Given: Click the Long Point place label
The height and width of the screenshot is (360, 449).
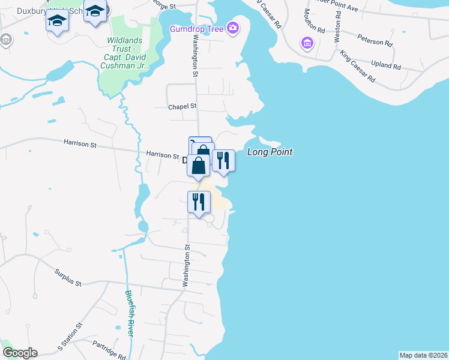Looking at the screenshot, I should [x=270, y=152].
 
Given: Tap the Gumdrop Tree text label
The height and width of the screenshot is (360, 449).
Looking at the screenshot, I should [x=196, y=28].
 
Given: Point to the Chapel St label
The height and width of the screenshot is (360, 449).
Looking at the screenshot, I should [x=182, y=106].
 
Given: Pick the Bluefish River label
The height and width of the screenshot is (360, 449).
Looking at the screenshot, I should [x=130, y=314].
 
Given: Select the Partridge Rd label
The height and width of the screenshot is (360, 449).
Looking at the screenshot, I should [x=109, y=349].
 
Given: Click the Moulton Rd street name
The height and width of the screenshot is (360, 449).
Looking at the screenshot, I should [x=313, y=21].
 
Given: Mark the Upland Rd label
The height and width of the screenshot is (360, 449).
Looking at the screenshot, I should [x=386, y=65].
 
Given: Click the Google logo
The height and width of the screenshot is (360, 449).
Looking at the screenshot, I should [x=19, y=353].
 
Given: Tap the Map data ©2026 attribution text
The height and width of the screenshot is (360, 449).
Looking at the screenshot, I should [x=423, y=355].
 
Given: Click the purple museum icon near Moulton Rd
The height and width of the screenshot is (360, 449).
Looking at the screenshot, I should [x=307, y=43].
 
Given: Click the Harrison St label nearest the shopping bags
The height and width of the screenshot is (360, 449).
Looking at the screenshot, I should [x=162, y=155].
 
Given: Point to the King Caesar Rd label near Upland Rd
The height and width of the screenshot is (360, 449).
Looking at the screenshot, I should [x=357, y=67].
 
